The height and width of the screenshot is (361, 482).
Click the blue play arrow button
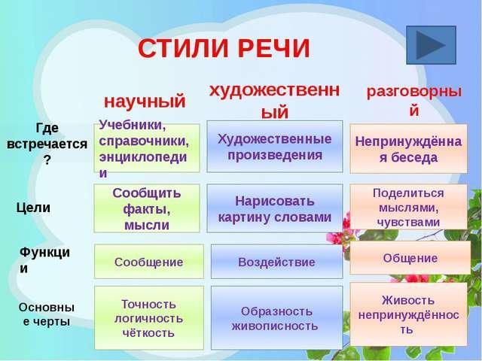click(x=431, y=45)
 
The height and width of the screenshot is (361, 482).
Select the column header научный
click(x=145, y=102)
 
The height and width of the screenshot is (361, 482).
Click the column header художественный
click(x=274, y=102)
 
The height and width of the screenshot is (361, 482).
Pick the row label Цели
click(x=33, y=208)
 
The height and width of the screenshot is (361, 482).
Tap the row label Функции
click(x=44, y=260)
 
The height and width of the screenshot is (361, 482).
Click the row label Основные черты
click(x=47, y=314)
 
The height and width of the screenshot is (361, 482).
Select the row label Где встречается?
click(x=47, y=144)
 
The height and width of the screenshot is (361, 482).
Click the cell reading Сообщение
click(x=149, y=262)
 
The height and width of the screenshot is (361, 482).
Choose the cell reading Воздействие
click(x=276, y=262)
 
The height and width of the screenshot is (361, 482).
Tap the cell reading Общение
click(x=410, y=258)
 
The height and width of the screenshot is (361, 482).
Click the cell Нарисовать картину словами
click(x=274, y=208)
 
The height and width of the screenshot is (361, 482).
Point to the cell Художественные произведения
click(x=274, y=147)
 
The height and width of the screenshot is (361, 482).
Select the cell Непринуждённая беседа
click(x=408, y=149)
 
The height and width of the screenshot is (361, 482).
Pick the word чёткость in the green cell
click(x=148, y=332)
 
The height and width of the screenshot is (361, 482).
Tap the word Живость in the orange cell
click(x=408, y=300)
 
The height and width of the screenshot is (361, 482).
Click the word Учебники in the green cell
click(x=133, y=126)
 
